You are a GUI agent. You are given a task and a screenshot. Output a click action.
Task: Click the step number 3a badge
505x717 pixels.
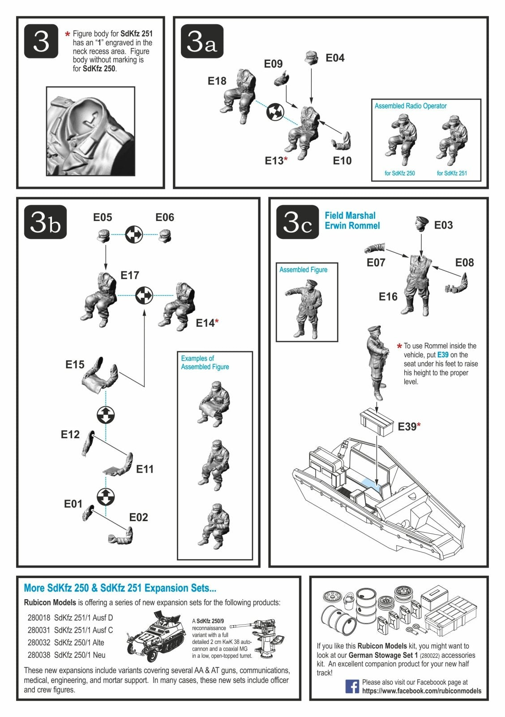click(x=202, y=41)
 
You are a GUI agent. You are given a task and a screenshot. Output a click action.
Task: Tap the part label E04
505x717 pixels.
click(x=335, y=58)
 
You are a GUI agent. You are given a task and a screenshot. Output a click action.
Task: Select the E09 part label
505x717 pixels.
click(x=273, y=64)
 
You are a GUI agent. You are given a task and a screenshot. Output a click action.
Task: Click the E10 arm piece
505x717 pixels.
click(x=341, y=141)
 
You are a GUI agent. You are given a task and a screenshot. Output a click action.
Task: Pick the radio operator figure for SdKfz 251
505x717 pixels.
click(x=452, y=141)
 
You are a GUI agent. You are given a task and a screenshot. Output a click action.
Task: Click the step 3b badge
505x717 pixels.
click(x=45, y=222)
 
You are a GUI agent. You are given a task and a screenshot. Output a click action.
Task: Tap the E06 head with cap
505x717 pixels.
click(x=165, y=236)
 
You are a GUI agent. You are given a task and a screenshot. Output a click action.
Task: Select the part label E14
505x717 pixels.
click(x=205, y=323)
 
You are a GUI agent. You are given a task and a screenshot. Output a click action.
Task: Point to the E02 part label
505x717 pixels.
click(x=138, y=517)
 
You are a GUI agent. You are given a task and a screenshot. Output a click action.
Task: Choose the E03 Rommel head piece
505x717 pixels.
click(x=422, y=224)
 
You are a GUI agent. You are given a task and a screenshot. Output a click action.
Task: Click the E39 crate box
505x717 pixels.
click(x=377, y=423)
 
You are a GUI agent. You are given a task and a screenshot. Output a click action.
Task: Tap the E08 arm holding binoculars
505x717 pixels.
click(x=457, y=283)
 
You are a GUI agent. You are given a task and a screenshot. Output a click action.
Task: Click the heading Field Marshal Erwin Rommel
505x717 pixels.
click(x=352, y=220)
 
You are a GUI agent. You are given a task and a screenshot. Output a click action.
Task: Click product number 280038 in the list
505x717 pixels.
click(x=39, y=655)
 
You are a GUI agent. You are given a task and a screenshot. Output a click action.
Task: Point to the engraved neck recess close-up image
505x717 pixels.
click(x=90, y=131)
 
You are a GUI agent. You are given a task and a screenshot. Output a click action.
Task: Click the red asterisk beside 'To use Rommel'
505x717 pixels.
click(x=399, y=346)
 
